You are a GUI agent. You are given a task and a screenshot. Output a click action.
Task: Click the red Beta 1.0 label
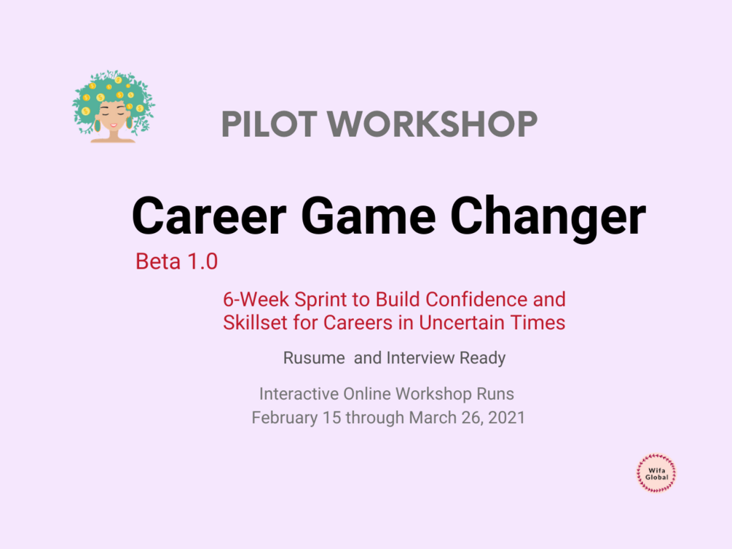pyautogui.click(x=176, y=261)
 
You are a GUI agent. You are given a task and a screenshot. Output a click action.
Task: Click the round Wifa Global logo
pyautogui.click(x=657, y=473)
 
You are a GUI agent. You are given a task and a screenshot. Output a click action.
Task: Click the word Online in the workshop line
pyautogui.click(x=367, y=394)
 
